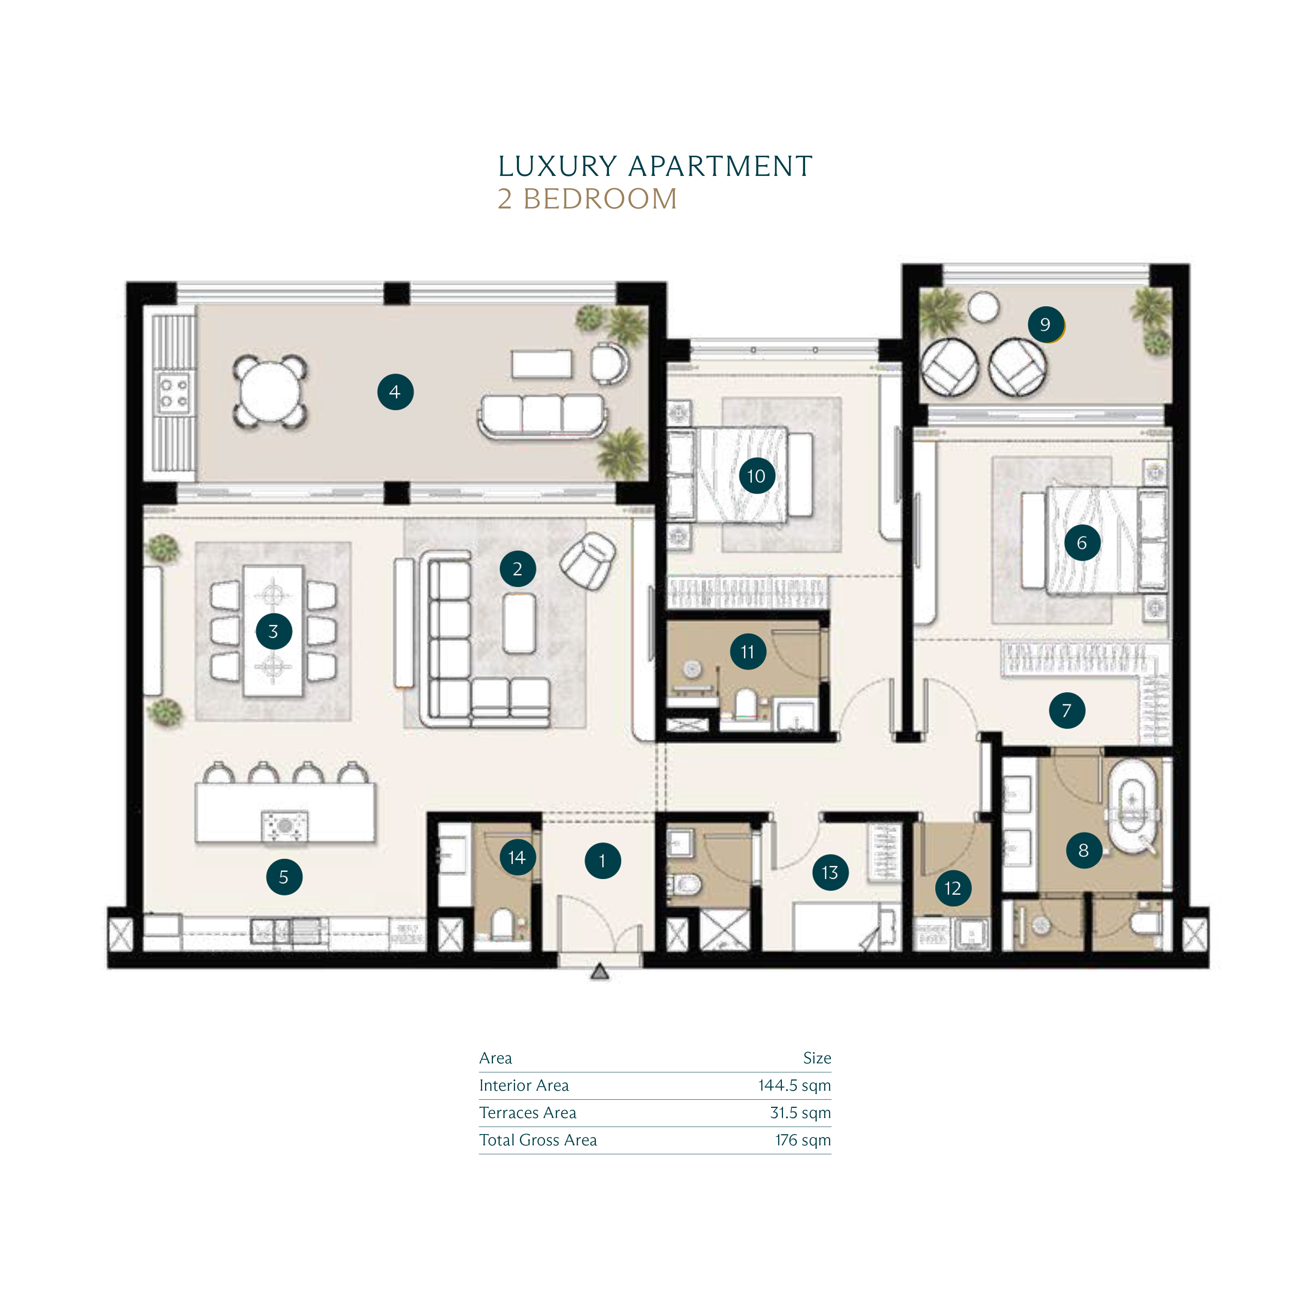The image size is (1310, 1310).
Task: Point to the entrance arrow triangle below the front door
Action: [x=599, y=972]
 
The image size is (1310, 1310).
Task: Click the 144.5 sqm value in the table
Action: [x=794, y=1085]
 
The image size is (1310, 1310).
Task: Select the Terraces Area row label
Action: [x=527, y=1113]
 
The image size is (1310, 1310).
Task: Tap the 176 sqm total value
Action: [x=803, y=1140]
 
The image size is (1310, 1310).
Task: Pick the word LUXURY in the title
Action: [x=557, y=166]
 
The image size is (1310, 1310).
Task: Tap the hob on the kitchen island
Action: [x=285, y=826]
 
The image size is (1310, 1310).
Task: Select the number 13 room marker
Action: [x=830, y=873]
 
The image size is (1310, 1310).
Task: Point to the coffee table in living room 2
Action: [x=520, y=623]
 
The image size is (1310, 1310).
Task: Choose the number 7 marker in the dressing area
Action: [x=1067, y=711]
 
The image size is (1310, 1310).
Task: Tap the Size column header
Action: [x=817, y=1058]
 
